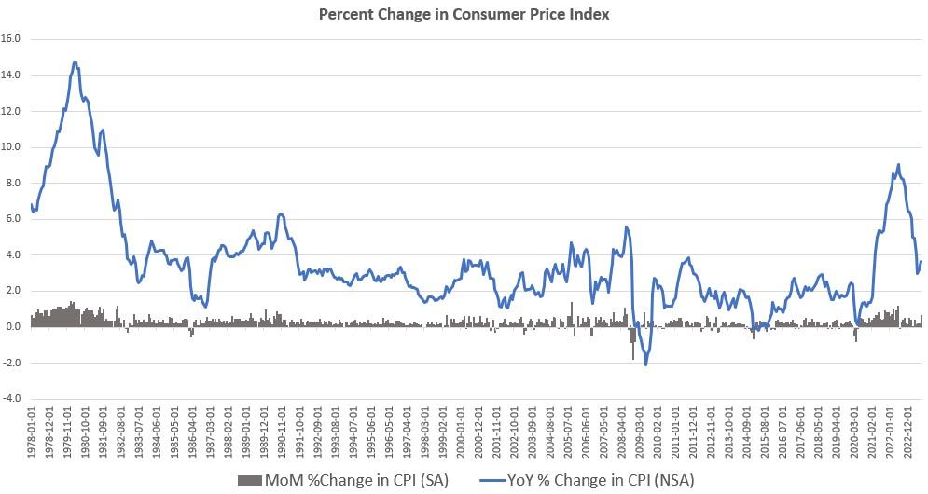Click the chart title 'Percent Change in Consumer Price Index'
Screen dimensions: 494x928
(x=464, y=15)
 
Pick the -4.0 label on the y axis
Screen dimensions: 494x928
(x=12, y=399)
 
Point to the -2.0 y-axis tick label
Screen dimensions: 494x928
(x=12, y=363)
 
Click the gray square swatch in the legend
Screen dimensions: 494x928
(x=249, y=480)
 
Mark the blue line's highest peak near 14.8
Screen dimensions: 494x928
(x=75, y=62)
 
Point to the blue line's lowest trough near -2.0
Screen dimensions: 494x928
(x=645, y=364)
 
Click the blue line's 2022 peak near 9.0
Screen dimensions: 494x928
(x=897, y=165)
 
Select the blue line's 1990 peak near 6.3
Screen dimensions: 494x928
(x=281, y=213)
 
